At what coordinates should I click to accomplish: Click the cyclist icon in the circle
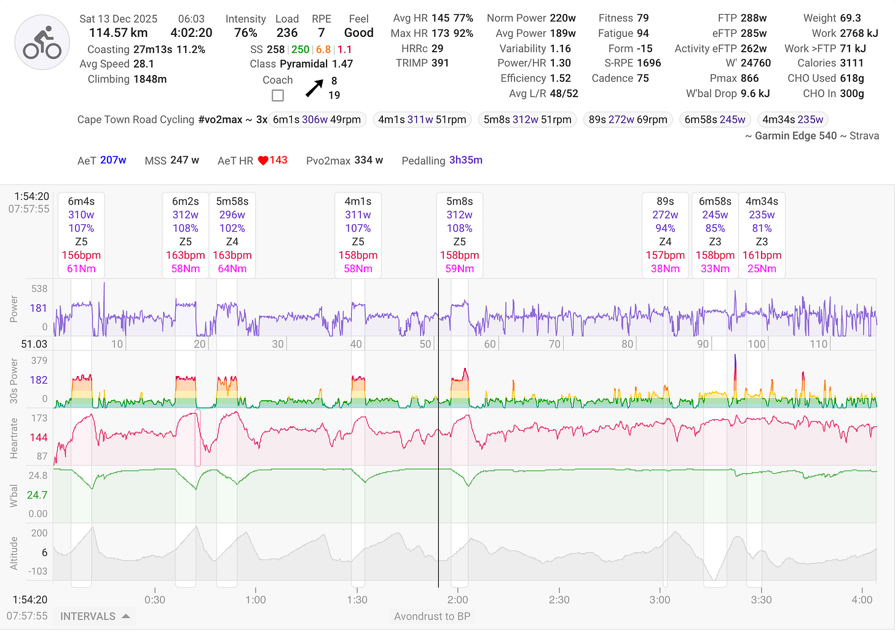(42, 43)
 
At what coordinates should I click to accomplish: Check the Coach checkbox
(278, 95)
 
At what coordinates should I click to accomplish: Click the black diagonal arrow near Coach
(314, 88)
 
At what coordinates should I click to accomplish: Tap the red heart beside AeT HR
(263, 160)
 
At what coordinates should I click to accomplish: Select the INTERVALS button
(95, 616)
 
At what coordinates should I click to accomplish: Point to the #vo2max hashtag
(220, 120)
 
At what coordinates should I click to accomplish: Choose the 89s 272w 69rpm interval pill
(628, 120)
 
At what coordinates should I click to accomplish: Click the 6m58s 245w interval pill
(715, 120)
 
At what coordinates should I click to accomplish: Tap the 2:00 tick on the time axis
(458, 599)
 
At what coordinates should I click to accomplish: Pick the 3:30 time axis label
(761, 599)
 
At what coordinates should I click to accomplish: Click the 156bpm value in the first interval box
(81, 255)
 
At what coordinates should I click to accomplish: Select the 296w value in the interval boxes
(232, 214)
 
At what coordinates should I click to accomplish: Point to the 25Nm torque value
(762, 269)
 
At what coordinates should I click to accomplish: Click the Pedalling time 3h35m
(465, 160)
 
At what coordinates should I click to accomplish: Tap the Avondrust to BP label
(432, 616)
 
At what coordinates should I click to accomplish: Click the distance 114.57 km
(119, 33)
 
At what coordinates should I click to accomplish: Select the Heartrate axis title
(14, 438)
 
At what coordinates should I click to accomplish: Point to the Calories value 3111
(851, 63)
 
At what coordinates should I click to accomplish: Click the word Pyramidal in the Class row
(304, 64)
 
